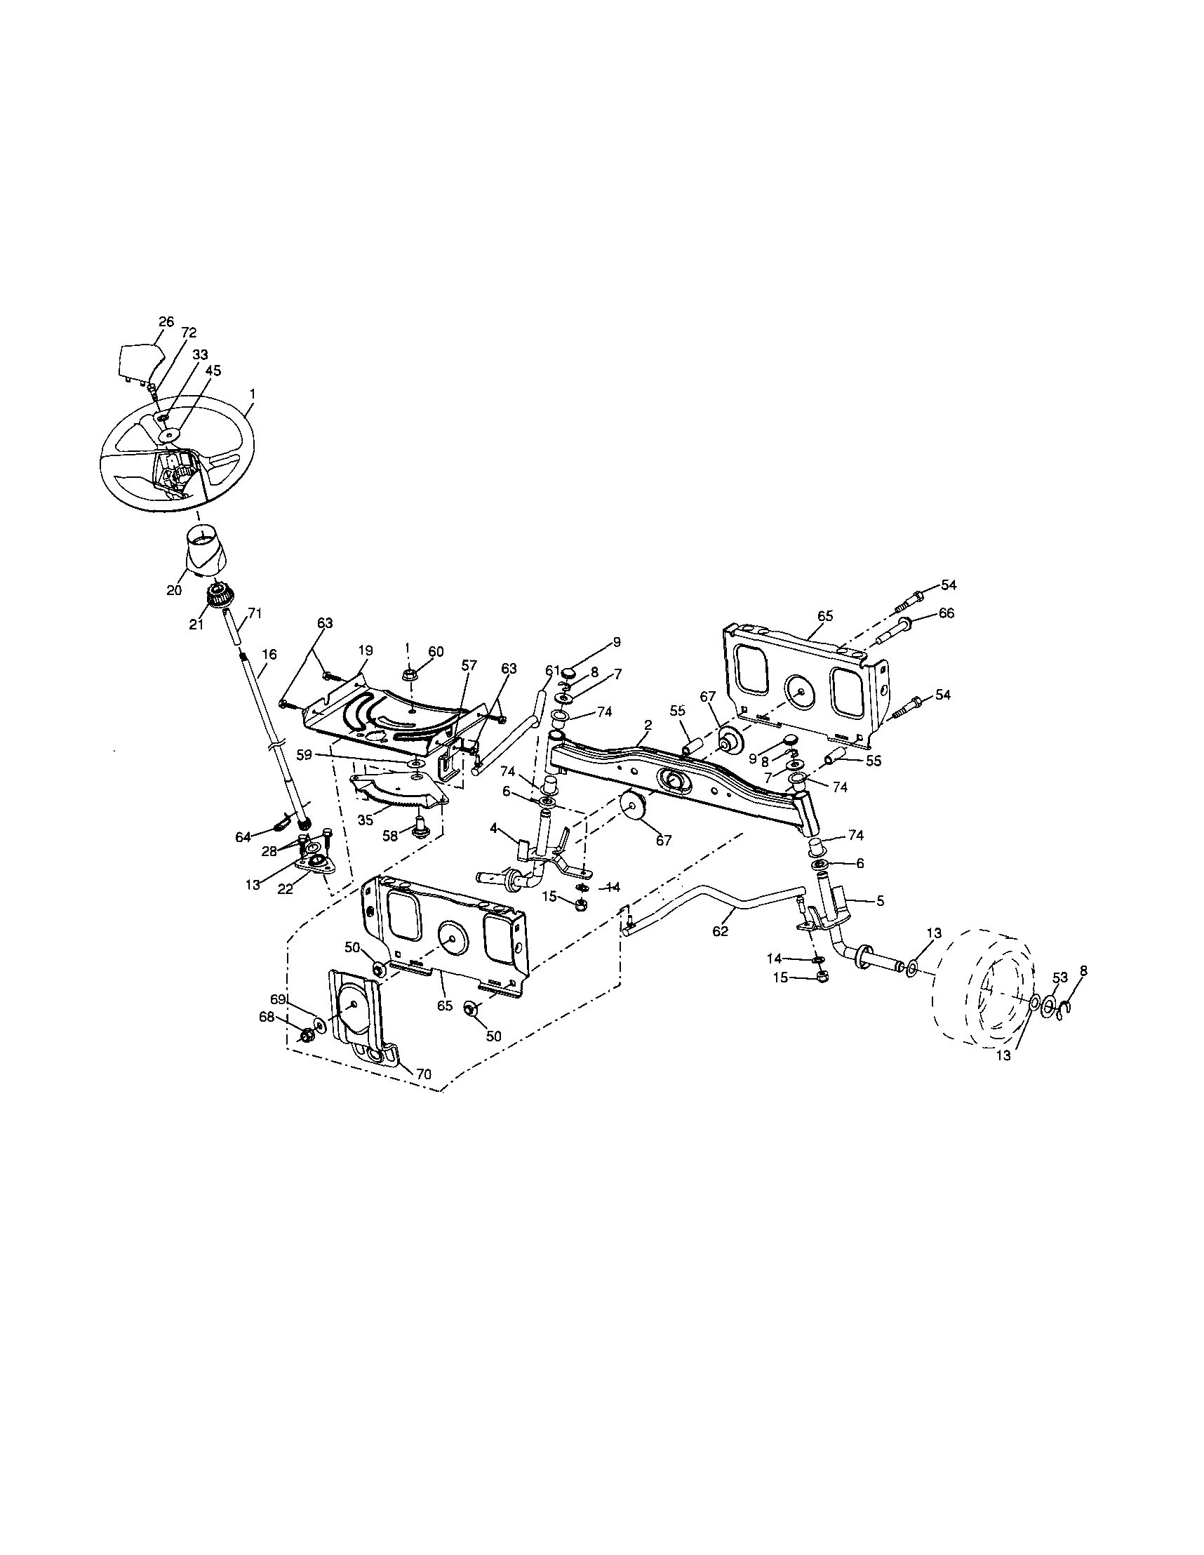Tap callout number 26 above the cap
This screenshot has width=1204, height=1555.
point(165,321)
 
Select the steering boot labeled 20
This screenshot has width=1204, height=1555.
point(202,548)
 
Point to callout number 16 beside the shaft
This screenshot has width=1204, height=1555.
point(269,653)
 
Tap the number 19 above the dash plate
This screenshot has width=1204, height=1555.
point(365,650)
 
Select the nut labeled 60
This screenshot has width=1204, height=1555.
point(411,672)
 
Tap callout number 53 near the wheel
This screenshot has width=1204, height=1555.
point(1060,977)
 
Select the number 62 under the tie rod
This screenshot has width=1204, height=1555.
point(721,931)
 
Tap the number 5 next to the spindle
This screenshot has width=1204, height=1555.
point(880,901)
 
